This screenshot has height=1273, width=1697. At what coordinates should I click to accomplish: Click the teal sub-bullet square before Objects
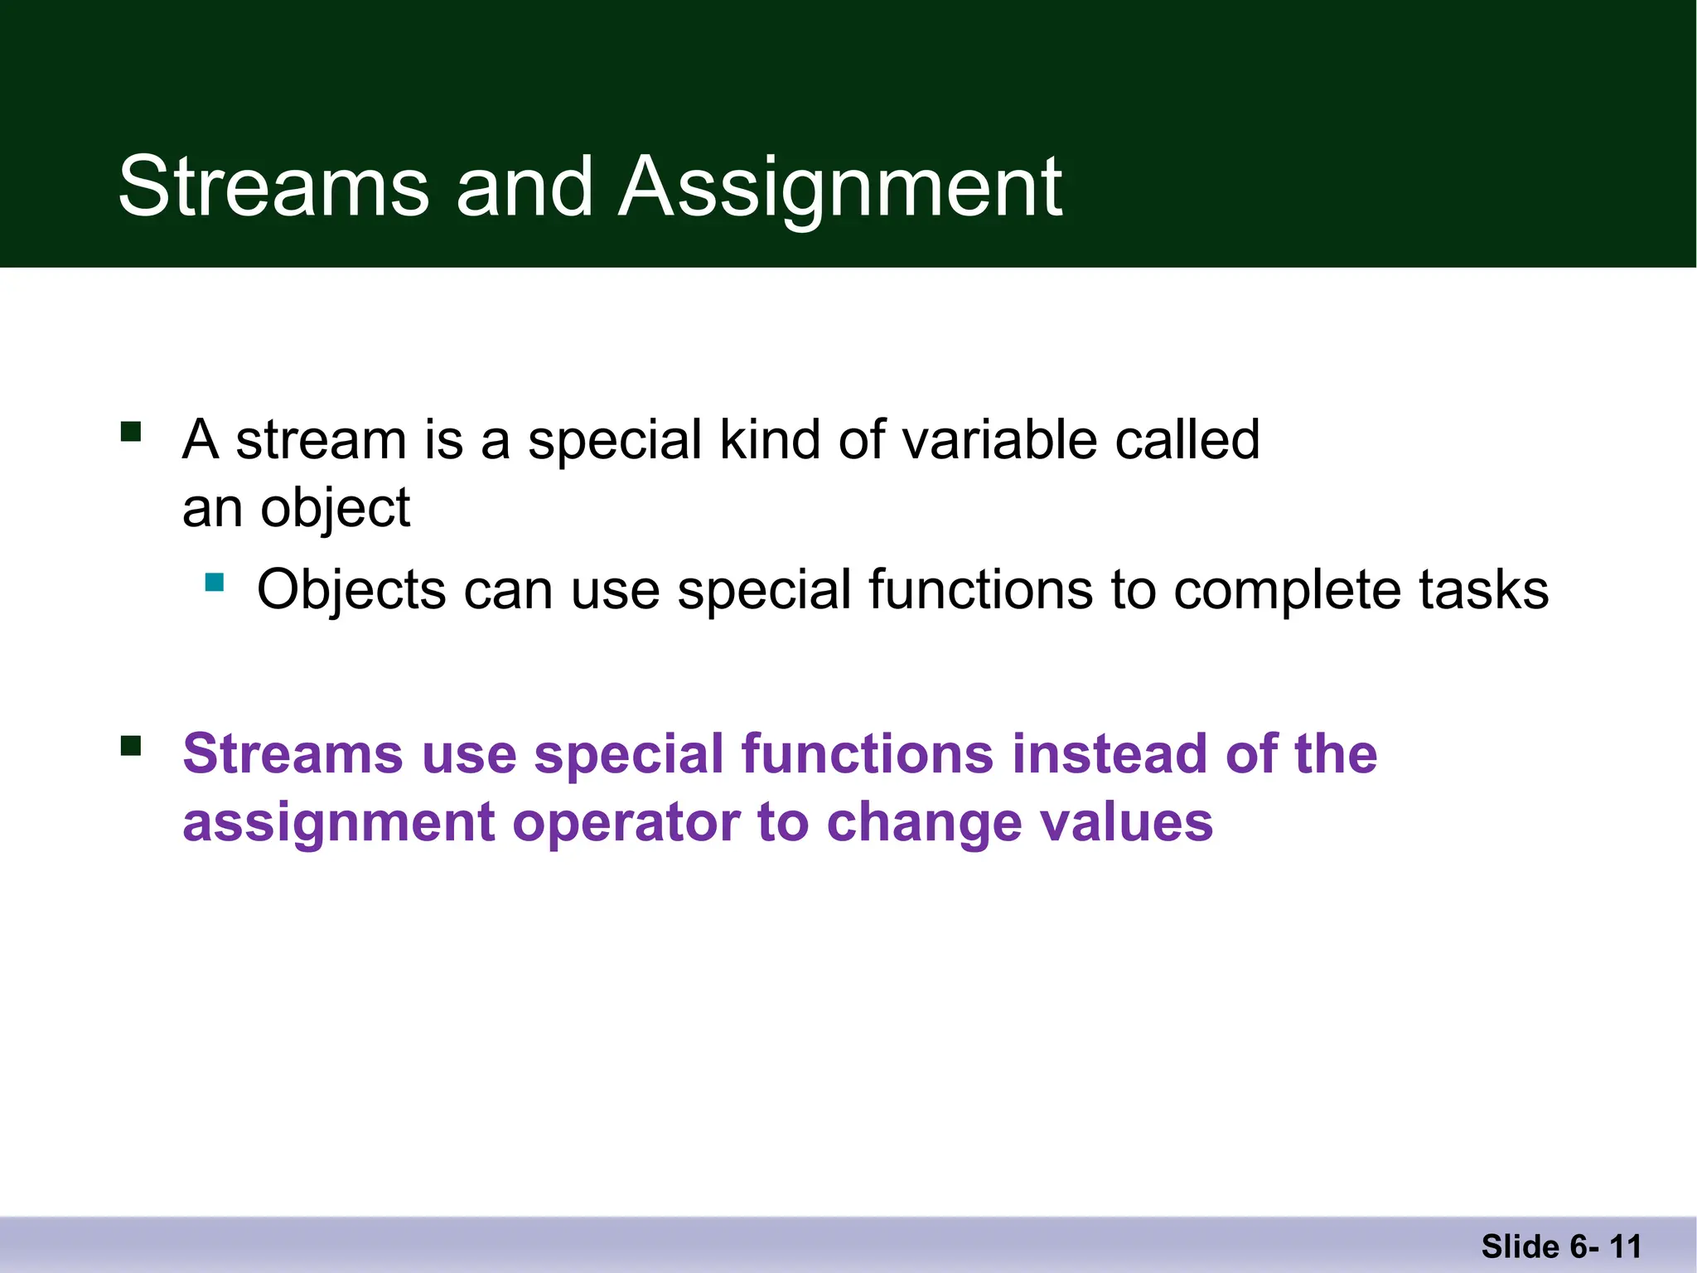pyautogui.click(x=215, y=583)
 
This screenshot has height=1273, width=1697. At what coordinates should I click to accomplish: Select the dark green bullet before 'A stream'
pyautogui.click(x=131, y=432)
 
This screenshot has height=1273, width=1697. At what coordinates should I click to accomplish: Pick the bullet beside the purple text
pyautogui.click(x=131, y=747)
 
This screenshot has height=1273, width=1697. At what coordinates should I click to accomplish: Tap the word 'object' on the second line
pyautogui.click(x=335, y=509)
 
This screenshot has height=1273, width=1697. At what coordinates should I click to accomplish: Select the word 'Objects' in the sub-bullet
pyautogui.click(x=351, y=591)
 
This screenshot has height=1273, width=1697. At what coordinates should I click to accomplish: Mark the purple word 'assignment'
pyautogui.click(x=339, y=825)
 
